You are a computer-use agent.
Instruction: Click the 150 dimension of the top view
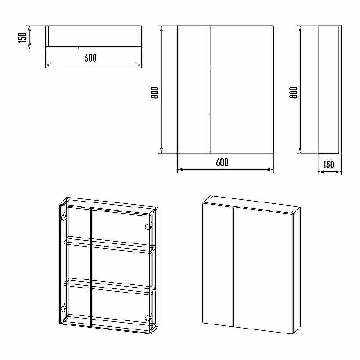(x=22, y=37)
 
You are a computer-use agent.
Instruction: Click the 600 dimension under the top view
(x=90, y=58)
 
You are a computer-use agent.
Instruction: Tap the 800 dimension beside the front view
(x=154, y=93)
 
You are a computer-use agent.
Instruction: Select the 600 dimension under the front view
(x=222, y=162)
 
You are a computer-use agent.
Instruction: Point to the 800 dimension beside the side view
(x=293, y=93)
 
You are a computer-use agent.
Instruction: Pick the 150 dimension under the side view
(x=328, y=165)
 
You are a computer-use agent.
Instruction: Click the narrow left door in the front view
(x=193, y=90)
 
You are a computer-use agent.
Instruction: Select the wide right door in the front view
(x=242, y=90)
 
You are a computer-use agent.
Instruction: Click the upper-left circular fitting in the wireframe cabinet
(x=63, y=218)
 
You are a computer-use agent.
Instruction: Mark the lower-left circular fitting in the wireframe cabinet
(x=63, y=309)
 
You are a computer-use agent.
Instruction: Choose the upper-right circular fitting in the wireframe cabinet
(x=148, y=227)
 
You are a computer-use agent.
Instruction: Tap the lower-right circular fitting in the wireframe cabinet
(x=148, y=318)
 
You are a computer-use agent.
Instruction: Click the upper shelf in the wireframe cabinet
(x=110, y=245)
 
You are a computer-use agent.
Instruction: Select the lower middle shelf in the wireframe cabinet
(x=110, y=286)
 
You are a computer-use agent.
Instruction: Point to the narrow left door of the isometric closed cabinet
(x=218, y=265)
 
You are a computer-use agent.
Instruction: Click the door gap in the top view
(x=77, y=48)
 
